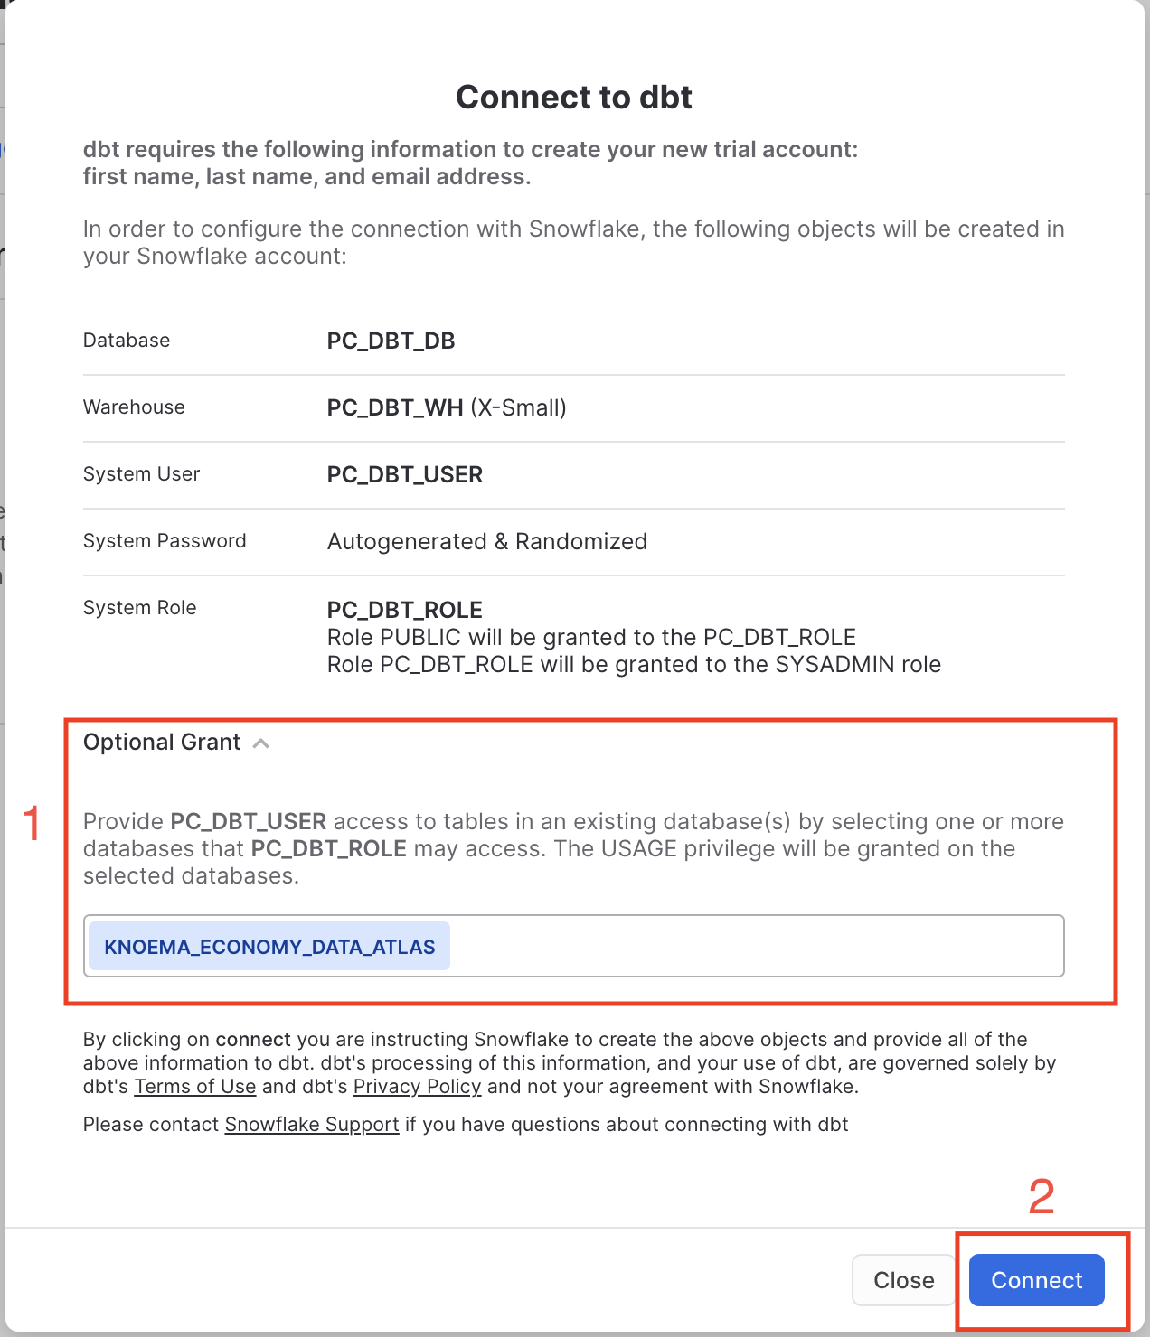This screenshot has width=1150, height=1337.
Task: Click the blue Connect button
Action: tap(1036, 1279)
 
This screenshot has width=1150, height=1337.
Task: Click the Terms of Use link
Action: tap(195, 1087)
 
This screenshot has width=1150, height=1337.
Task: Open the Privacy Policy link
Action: tap(417, 1087)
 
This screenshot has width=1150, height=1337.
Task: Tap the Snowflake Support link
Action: tap(312, 1125)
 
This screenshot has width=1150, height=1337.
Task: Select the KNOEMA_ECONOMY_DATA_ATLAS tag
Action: tap(269, 947)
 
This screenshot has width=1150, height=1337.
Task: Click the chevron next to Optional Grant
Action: tap(261, 743)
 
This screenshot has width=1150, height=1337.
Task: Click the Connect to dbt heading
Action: tap(574, 98)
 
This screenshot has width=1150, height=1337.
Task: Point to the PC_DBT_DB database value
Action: tap(391, 341)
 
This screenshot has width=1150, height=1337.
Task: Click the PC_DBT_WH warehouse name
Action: tap(395, 408)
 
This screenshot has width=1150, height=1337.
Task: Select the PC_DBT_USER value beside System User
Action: tap(405, 475)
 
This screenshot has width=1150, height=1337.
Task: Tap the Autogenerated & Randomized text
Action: tap(487, 542)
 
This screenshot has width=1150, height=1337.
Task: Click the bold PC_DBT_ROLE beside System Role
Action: tap(405, 610)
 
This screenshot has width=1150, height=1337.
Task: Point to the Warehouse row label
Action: tap(134, 407)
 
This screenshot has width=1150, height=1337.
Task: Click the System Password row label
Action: tap(165, 541)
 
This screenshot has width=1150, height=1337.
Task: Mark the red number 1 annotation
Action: tap(33, 824)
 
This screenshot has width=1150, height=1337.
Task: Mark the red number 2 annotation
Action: tap(1042, 1197)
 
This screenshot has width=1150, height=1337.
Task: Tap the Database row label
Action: tap(127, 341)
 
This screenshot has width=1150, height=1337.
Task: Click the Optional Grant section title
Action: tap(162, 743)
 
